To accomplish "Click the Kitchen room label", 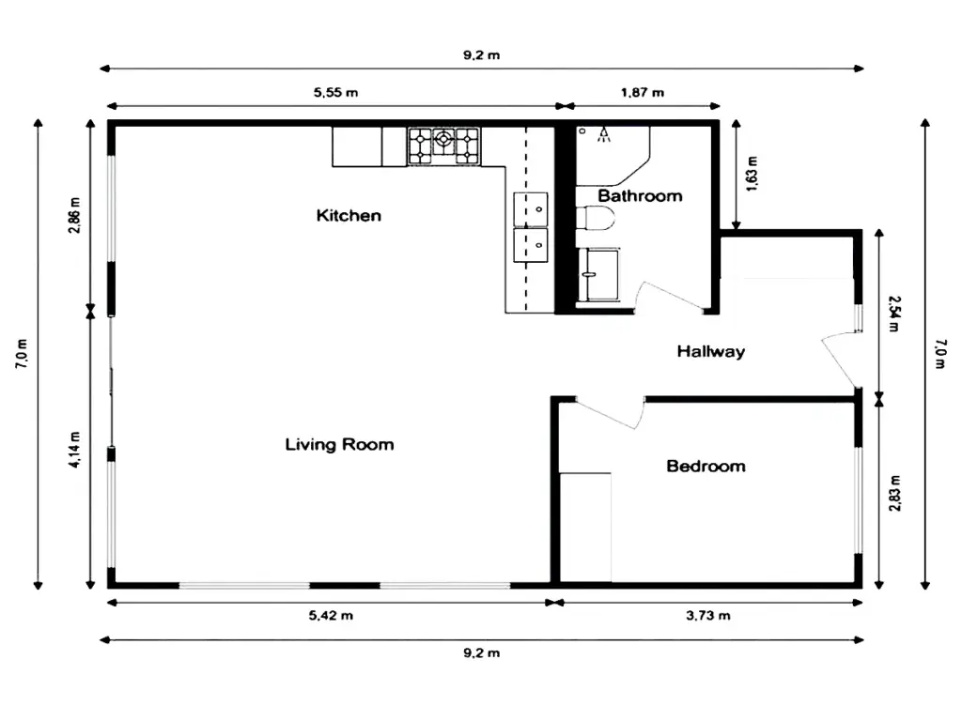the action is pos(349,215).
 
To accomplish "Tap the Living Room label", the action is pos(339,444).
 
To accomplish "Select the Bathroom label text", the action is pos(640,195).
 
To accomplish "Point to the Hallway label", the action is pos(711,351).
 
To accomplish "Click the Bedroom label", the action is pos(706,466).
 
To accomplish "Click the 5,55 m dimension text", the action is pos(335,93).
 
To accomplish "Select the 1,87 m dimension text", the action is pos(643,93).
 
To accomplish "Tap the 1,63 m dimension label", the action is pos(753,174).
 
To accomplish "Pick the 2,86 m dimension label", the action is pos(74,215).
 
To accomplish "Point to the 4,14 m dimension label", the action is pos(74,450).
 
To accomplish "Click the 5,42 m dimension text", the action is pos(331,616).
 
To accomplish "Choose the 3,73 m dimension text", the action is pos(708,616).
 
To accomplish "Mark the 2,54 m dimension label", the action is pos(895,314).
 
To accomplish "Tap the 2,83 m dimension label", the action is pos(895,493).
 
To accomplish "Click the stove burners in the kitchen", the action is pos(443,146).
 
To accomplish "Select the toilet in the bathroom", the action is pos(595,219).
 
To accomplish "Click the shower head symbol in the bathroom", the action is pos(604,134).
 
